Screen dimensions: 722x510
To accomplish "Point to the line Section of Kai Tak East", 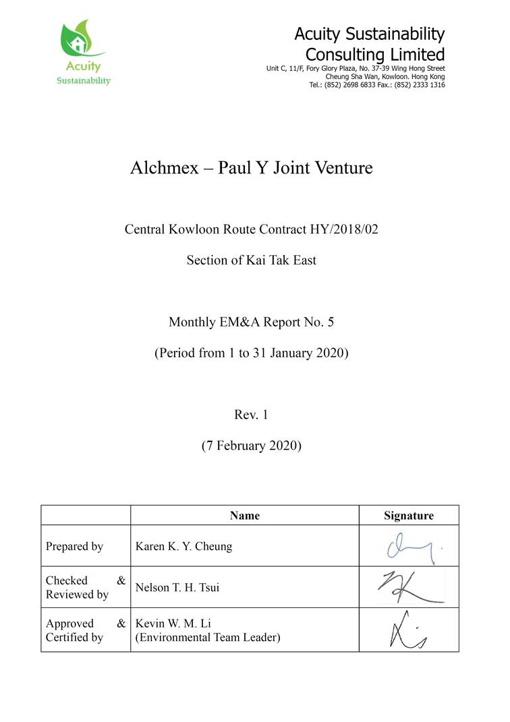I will click(x=251, y=260).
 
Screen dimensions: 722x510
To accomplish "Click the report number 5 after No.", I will click(x=330, y=322).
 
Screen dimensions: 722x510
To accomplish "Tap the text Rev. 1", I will click(x=251, y=415).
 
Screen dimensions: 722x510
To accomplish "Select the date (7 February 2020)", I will click(x=251, y=445).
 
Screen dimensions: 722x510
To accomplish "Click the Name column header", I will click(x=244, y=516).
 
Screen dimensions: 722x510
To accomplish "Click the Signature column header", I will click(x=409, y=516).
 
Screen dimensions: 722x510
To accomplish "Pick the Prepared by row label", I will click(x=74, y=547).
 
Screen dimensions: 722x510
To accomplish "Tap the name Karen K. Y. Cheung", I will click(x=183, y=547).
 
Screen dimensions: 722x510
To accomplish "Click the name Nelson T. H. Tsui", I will click(x=177, y=588).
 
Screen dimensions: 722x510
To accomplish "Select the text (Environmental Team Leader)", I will click(x=208, y=637).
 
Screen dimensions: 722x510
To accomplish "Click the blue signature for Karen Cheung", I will click(x=412, y=546).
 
